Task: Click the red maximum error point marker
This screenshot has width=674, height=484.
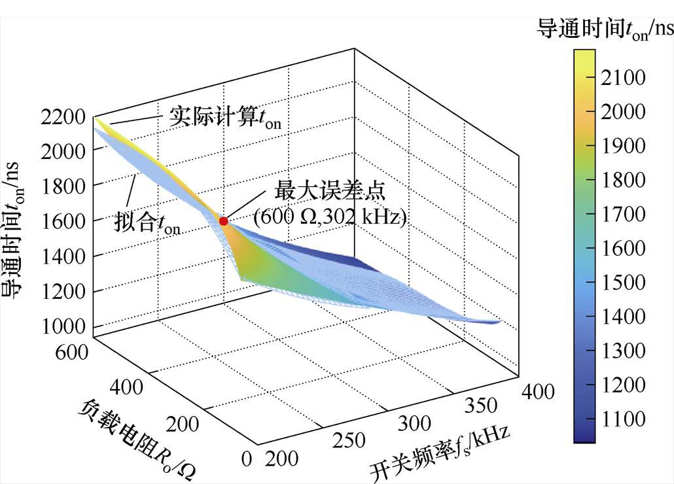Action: (x=224, y=221)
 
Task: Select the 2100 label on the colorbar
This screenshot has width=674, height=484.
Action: (x=622, y=78)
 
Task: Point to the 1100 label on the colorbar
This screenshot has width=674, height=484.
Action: (x=622, y=419)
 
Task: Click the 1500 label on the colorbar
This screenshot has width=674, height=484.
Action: (x=622, y=283)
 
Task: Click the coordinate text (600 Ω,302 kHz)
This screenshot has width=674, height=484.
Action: (x=330, y=217)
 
